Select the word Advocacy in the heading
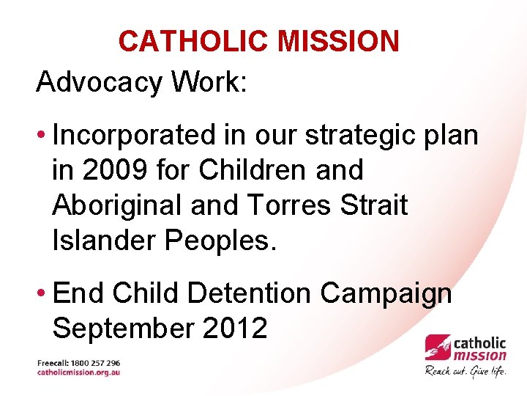click(99, 82)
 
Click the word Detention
click(250, 293)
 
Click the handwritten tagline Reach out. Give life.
click(466, 370)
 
